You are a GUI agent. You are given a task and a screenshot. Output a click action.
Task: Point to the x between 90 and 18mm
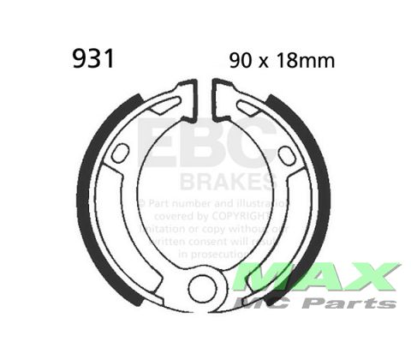268,62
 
